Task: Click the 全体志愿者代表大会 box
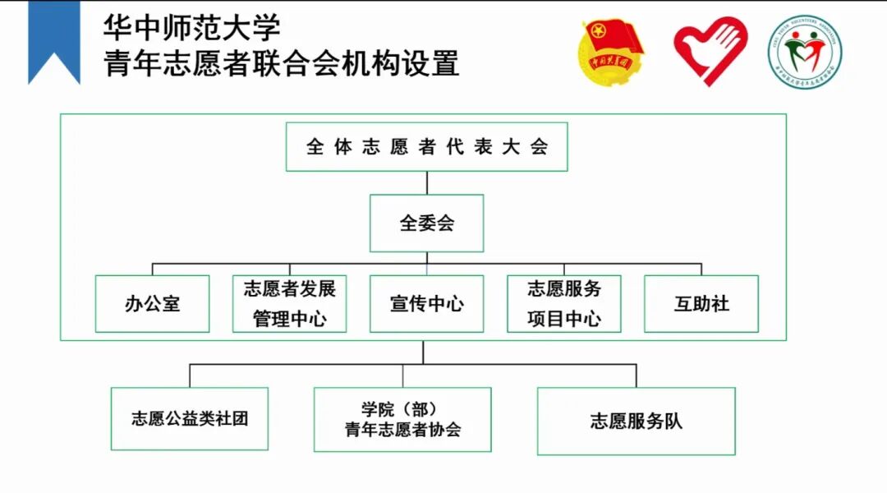[x=426, y=147]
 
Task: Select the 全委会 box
[x=426, y=223]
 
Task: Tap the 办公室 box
[x=152, y=303]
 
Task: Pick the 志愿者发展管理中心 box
[x=289, y=303]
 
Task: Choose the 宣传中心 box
[x=426, y=303]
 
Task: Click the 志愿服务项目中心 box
[x=563, y=303]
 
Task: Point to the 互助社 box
[x=701, y=303]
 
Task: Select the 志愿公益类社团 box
[x=190, y=419]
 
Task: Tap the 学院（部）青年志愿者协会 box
[x=402, y=419]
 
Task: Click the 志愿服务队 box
[x=636, y=422]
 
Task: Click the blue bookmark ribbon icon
[x=54, y=41]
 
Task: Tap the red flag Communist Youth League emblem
[x=613, y=53]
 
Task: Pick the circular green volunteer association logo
[x=805, y=53]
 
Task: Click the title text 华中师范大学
[x=191, y=27]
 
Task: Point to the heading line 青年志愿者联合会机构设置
[x=281, y=63]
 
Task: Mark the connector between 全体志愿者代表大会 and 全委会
[x=426, y=182]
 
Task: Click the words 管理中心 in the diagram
[x=289, y=319]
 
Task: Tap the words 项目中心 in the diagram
[x=563, y=319]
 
